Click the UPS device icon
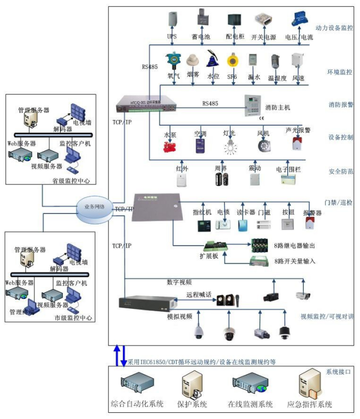click(x=172, y=21)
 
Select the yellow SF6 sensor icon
click(x=232, y=61)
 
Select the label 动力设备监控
click(x=333, y=27)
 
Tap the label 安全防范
click(x=341, y=172)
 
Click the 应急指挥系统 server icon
click(x=308, y=384)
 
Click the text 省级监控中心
click(x=71, y=181)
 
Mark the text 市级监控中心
click(x=73, y=318)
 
